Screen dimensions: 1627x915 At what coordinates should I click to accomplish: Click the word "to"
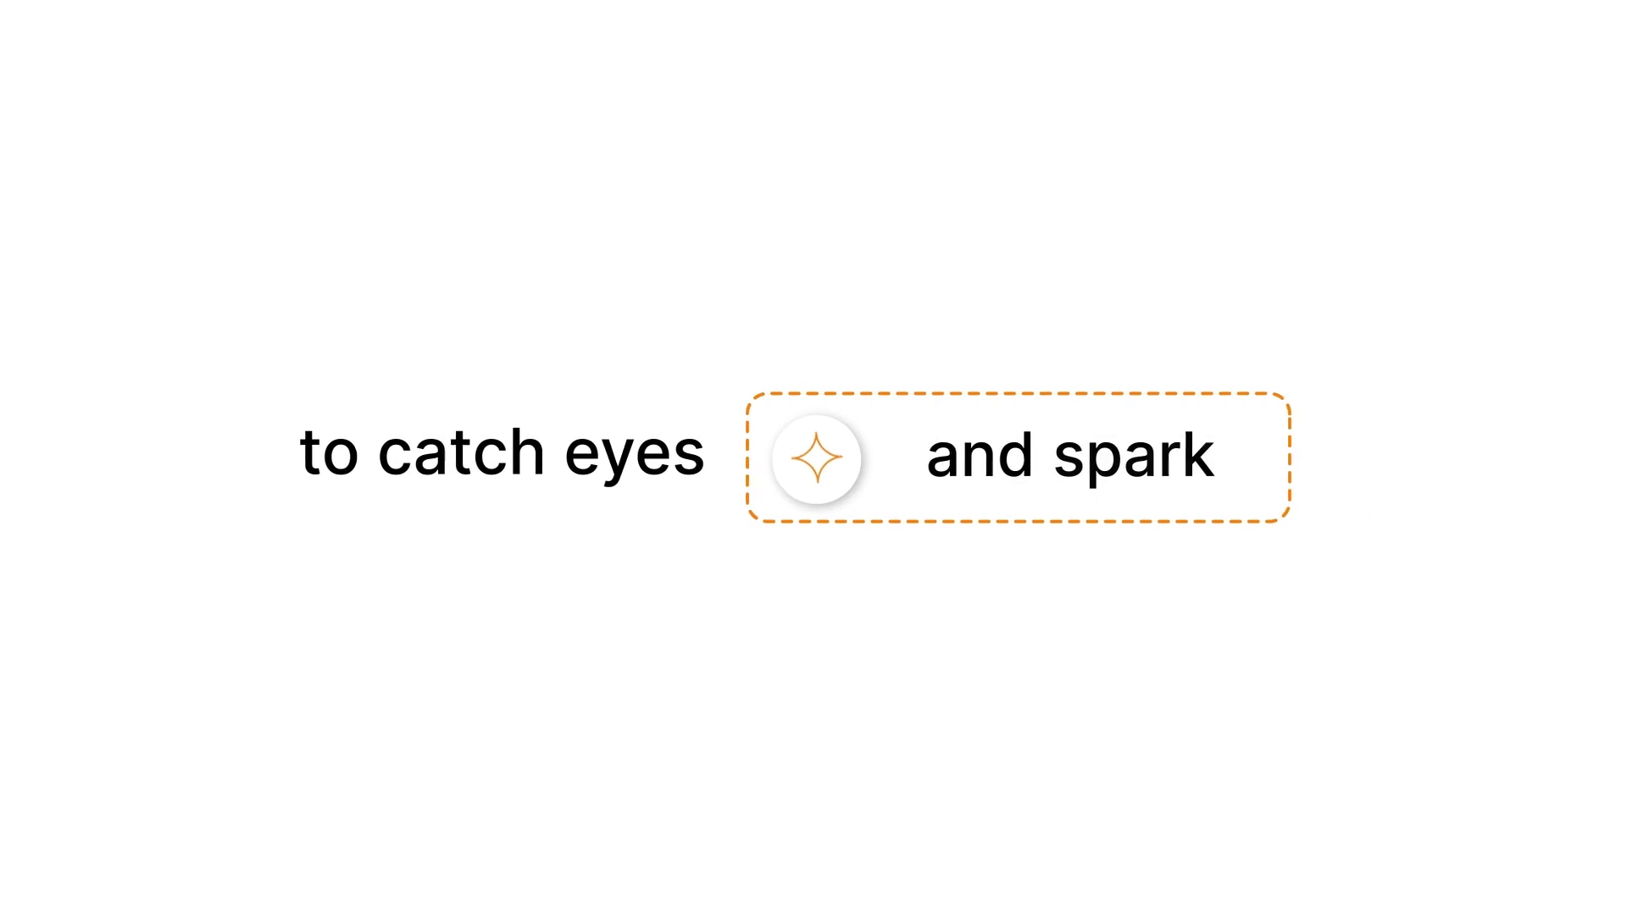click(329, 453)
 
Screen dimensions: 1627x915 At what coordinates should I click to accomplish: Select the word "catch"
click(461, 452)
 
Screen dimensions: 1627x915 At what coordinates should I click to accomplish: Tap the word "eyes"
click(635, 458)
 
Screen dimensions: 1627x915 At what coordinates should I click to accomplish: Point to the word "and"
click(980, 455)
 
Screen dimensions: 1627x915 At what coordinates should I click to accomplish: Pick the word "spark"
click(1134, 458)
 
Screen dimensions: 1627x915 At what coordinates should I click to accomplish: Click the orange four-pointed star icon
click(817, 457)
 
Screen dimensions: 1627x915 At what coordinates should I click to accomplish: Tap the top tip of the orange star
click(817, 432)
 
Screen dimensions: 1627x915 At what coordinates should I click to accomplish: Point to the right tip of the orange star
click(842, 457)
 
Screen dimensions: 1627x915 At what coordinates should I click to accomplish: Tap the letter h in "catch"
click(525, 452)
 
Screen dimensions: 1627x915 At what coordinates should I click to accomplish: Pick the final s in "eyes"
click(687, 457)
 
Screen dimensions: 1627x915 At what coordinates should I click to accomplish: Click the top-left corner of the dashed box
click(747, 394)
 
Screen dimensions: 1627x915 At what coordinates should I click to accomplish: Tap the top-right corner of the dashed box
click(1290, 394)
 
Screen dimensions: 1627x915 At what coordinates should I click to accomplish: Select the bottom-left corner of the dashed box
click(747, 521)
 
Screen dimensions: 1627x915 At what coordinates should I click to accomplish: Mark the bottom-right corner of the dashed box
click(1290, 521)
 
